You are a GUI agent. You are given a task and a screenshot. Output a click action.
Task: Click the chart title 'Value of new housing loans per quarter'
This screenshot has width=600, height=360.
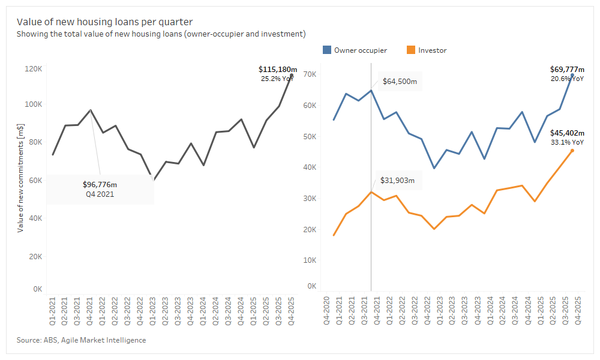coord(104,22)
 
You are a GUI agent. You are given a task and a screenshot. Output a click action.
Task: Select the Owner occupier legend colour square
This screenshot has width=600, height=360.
coord(327,50)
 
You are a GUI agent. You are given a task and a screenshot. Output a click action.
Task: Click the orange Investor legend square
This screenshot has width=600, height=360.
coord(411,50)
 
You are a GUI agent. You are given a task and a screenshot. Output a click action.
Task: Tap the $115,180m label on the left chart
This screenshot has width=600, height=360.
coord(278,70)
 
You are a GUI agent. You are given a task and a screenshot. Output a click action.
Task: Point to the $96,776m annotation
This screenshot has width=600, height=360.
coord(100,184)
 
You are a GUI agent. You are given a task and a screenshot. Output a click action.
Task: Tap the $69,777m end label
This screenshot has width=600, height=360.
coord(566,70)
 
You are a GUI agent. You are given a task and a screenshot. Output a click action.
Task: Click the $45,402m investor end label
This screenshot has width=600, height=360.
coord(566,133)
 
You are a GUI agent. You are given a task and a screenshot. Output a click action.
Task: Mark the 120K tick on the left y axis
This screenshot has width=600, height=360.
coord(33,69)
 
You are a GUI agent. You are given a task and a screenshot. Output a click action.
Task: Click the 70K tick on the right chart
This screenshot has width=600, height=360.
coord(310,74)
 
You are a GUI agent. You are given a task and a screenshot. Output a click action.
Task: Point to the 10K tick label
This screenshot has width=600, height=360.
coord(310,260)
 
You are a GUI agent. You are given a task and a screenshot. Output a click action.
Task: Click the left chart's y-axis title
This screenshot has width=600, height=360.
coord(20,178)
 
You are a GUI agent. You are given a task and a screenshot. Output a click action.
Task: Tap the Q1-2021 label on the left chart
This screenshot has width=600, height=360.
coord(53,311)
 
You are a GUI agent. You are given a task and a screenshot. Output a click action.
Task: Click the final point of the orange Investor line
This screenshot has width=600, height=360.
coord(572,150)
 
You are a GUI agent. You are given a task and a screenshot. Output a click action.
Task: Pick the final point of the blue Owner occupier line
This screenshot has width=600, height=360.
coord(572,75)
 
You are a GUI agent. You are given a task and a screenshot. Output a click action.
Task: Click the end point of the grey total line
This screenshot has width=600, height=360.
coord(291,75)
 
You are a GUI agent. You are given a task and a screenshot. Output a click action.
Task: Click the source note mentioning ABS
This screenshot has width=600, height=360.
coord(81,340)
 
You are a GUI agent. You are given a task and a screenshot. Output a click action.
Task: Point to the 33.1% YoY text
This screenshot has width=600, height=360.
coord(566,142)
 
